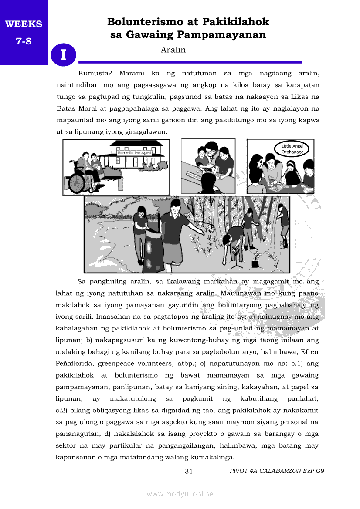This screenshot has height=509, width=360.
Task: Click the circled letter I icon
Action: point(63,55)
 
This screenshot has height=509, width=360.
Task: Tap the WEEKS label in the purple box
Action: point(24,24)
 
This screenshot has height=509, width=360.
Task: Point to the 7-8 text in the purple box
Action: point(24,42)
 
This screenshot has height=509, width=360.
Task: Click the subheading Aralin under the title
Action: point(173,50)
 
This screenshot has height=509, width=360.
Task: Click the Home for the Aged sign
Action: point(133,153)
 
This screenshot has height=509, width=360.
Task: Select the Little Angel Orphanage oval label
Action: point(292,149)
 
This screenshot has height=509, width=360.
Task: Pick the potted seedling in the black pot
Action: point(256,260)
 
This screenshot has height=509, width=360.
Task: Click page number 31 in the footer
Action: point(189,471)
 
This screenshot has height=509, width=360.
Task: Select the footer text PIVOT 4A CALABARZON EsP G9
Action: point(277,471)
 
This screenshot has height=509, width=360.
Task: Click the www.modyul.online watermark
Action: point(180,494)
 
